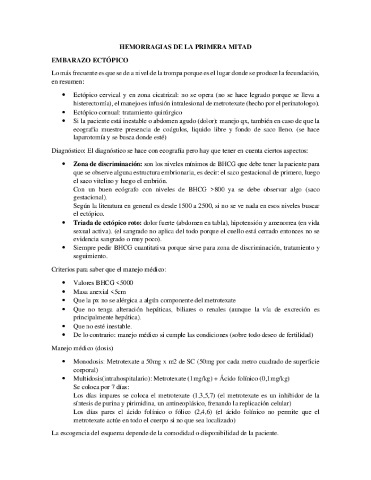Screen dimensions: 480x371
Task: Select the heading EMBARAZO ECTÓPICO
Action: pyautogui.click(x=90, y=60)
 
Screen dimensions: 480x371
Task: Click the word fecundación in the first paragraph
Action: pyautogui.click(x=297, y=73)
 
